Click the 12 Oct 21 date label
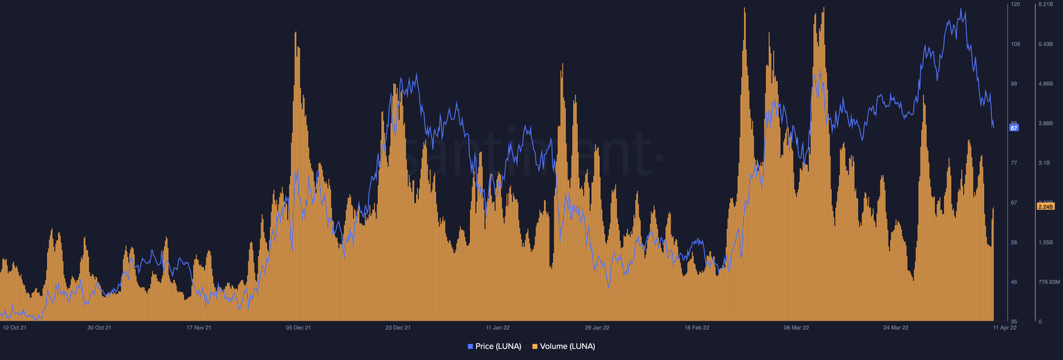tap(15, 327)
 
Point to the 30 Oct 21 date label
tap(99, 327)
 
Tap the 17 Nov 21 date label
tap(199, 327)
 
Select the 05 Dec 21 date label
tap(298, 327)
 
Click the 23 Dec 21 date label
tap(398, 327)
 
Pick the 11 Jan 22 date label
tap(498, 327)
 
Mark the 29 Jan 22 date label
tap(597, 327)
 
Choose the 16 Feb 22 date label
tap(697, 327)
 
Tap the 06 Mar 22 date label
tap(797, 327)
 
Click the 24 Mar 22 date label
tap(896, 327)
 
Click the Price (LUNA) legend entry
tap(495, 346)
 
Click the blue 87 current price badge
tap(1015, 128)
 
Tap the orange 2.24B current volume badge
tap(1045, 206)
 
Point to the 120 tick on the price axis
tap(1015, 4)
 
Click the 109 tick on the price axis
tap(1015, 44)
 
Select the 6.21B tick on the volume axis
tap(1045, 4)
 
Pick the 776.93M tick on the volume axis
tap(1049, 282)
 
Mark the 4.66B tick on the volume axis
tap(1045, 84)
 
